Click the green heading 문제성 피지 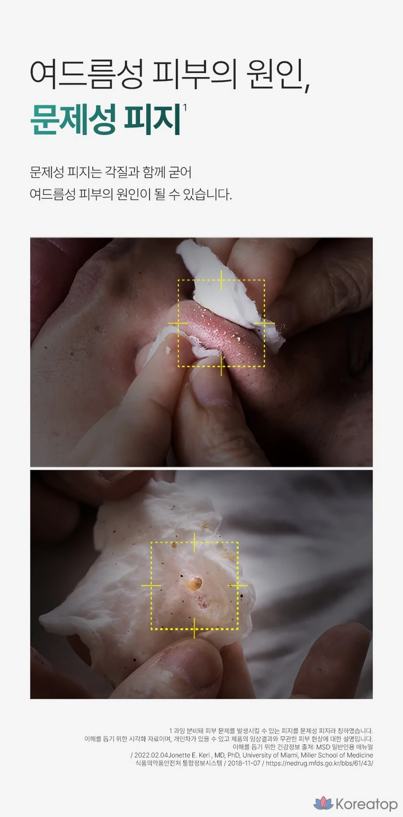point(105,119)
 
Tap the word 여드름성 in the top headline point(86,75)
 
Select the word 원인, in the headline point(278,75)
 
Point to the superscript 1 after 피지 point(185,107)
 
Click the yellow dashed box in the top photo point(221,280)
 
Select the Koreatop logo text point(366,804)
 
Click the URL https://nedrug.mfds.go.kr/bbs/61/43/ point(319,763)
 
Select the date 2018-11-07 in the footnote point(244,763)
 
